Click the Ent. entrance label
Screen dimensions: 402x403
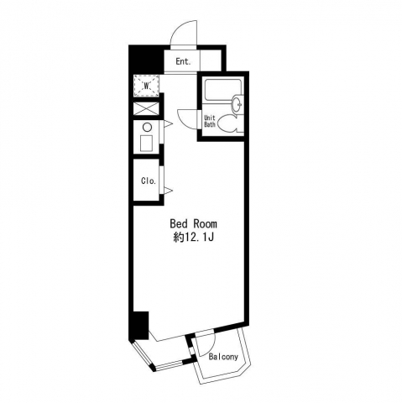[x=183, y=61]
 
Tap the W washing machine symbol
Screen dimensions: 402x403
[x=146, y=86]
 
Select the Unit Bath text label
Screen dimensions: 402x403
[x=210, y=121]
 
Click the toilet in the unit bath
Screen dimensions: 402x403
[x=230, y=123]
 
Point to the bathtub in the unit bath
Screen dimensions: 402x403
[x=223, y=90]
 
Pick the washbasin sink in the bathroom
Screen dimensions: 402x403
[x=238, y=103]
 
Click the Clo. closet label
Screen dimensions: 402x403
[x=149, y=181]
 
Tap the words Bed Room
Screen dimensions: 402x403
[x=193, y=224]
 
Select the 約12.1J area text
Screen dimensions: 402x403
[x=193, y=238]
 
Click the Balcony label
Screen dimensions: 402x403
[x=224, y=357]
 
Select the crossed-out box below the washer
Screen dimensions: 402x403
[x=146, y=108]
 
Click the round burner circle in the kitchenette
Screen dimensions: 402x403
[x=147, y=128]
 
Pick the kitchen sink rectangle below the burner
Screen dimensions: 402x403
[x=147, y=144]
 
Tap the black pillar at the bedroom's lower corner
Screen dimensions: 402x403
[x=140, y=326]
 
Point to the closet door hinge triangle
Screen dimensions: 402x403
[x=168, y=191]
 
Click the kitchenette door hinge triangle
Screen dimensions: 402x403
[x=168, y=124]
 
